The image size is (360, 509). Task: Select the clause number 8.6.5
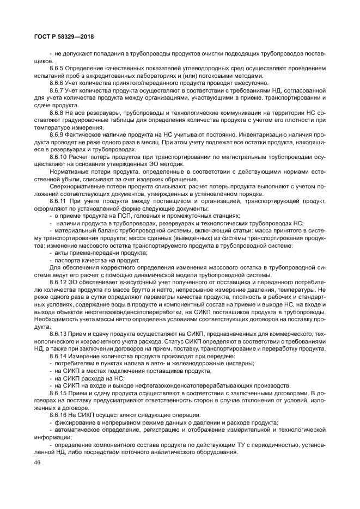(x=57, y=68)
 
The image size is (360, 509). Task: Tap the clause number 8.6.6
(x=57, y=83)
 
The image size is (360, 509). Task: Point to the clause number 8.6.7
(x=57, y=90)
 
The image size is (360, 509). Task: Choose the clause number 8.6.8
(x=57, y=112)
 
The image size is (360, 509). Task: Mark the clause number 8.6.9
(x=57, y=134)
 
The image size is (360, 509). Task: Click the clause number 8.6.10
(x=58, y=157)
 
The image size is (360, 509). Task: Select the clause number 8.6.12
(x=58, y=283)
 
